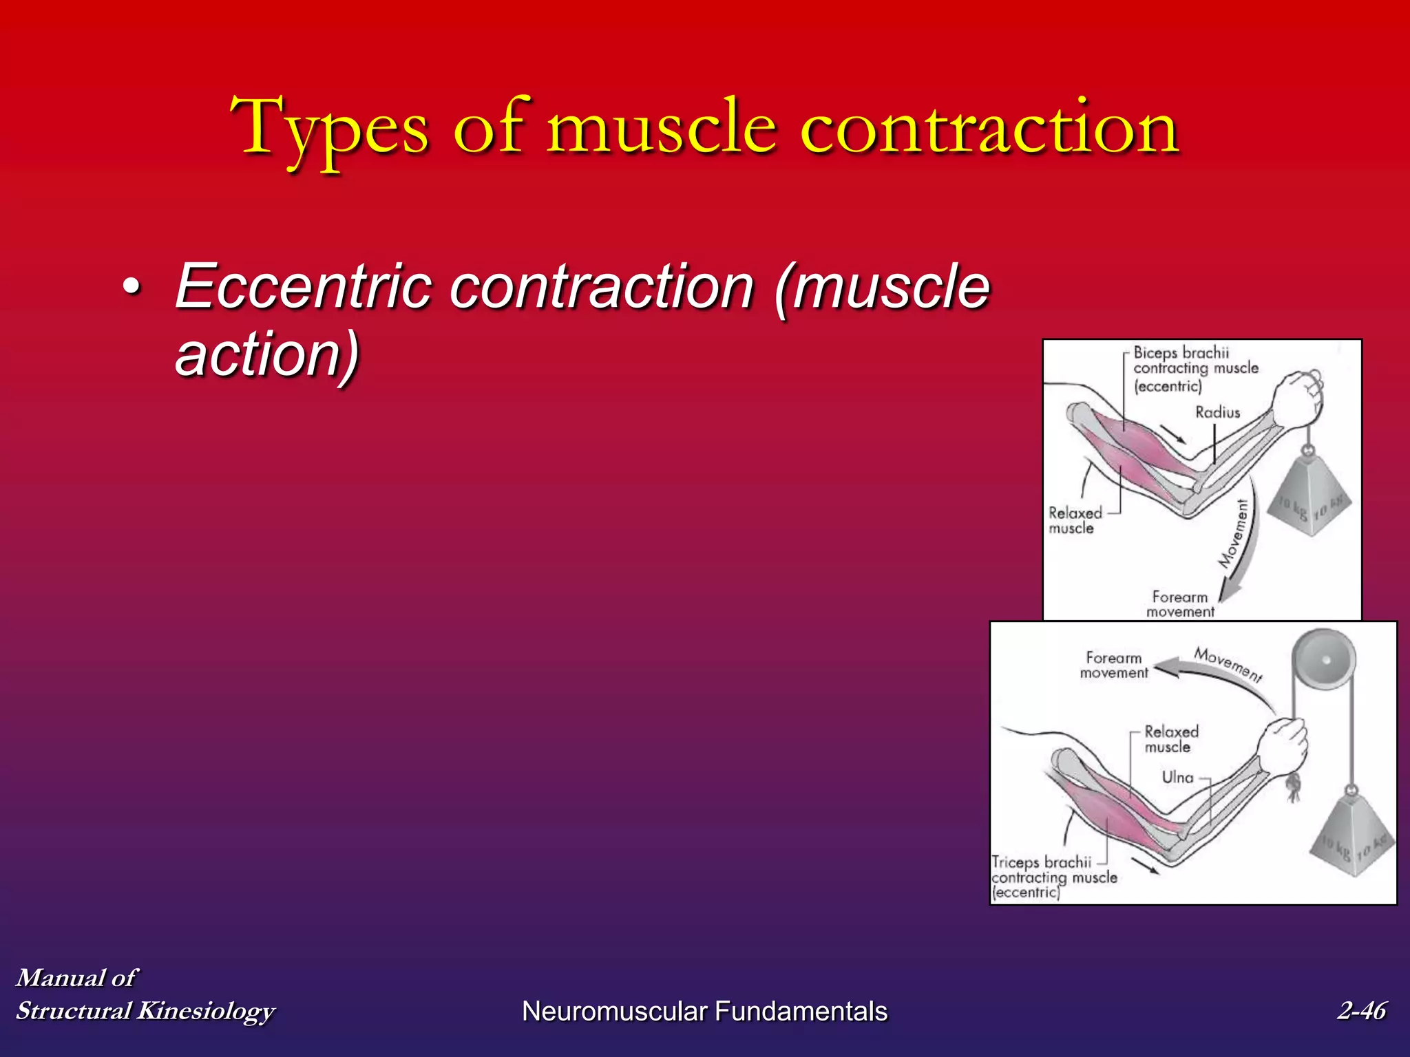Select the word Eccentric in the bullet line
[x=303, y=286]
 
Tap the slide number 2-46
[x=1361, y=1010]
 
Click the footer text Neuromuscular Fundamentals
[x=704, y=1011]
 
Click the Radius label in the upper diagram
[x=1217, y=412]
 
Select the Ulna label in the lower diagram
[x=1177, y=777]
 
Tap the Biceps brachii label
[x=1181, y=353]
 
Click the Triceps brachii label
[x=1041, y=862]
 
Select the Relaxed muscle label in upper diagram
[x=1074, y=520]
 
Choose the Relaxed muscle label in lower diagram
[x=1170, y=739]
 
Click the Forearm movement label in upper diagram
[x=1180, y=604]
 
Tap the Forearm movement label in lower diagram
[x=1113, y=665]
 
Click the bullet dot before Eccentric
[x=131, y=289]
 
